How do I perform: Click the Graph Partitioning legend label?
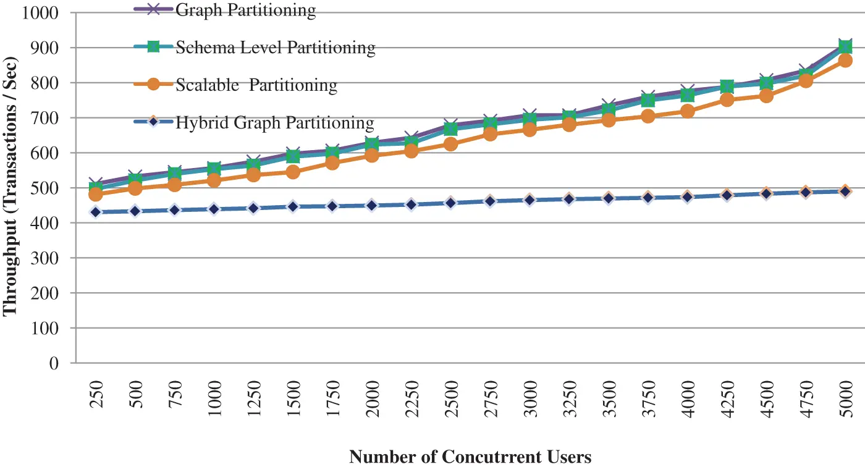pyautogui.click(x=245, y=10)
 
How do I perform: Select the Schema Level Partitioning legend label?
pyautogui.click(x=275, y=47)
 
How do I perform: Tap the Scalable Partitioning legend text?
pyautogui.click(x=256, y=85)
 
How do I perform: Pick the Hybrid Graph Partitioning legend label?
pyautogui.click(x=275, y=122)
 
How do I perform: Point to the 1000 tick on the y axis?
pyautogui.click(x=40, y=12)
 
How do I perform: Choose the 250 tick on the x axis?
pyautogui.click(x=96, y=408)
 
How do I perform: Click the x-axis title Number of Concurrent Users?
pyautogui.click(x=470, y=456)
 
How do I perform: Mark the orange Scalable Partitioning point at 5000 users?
pyautogui.click(x=846, y=61)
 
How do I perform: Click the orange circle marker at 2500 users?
pyautogui.click(x=451, y=144)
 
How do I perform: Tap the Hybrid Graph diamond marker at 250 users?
pyautogui.click(x=96, y=212)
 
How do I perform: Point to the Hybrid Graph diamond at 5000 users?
pyautogui.click(x=846, y=191)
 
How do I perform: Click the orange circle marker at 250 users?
pyautogui.click(x=96, y=194)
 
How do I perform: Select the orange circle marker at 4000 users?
pyautogui.click(x=688, y=111)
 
